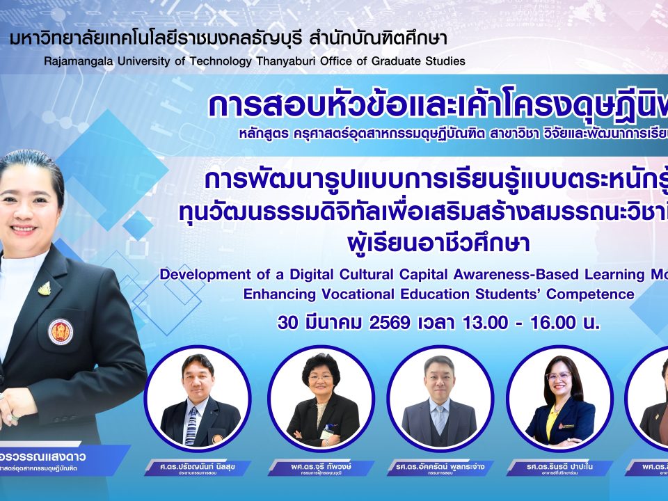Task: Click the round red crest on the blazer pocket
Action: pos(61,332)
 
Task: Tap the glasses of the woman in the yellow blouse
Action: pos(559,376)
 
